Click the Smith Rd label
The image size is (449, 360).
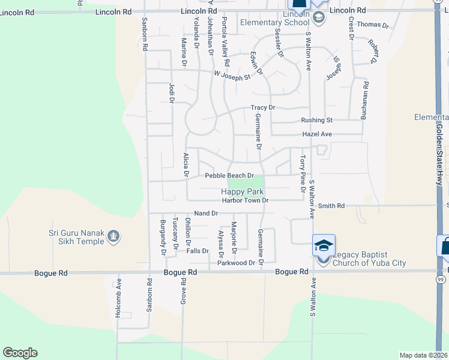(x=331, y=206)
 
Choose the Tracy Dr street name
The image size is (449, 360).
(x=262, y=108)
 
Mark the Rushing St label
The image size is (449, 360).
(x=316, y=120)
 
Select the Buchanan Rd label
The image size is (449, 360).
(x=364, y=100)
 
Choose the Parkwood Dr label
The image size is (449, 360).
(x=237, y=263)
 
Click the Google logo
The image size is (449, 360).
(x=20, y=353)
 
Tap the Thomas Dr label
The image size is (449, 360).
(x=373, y=25)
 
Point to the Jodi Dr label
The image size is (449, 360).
(x=171, y=93)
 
